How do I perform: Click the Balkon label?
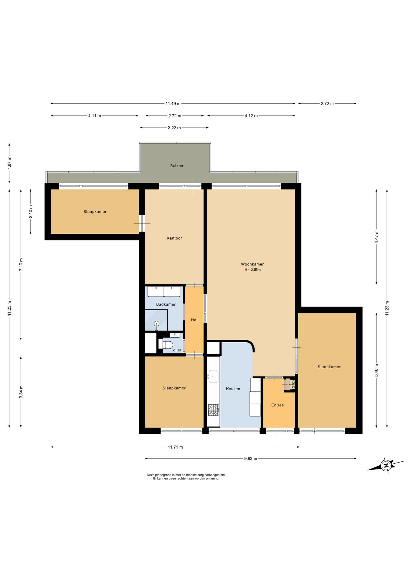coord(177,166)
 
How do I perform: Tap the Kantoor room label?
coord(174,238)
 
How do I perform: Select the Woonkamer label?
coord(252,264)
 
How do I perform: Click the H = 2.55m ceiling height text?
coord(253,270)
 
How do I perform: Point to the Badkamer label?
coord(166,304)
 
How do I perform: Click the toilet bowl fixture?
coord(166,344)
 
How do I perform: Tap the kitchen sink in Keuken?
coord(213,376)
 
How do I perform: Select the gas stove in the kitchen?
coord(214,410)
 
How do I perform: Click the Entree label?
coord(278,405)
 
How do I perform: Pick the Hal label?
coord(194,320)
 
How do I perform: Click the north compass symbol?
coord(386,465)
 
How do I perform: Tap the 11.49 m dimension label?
coord(173,104)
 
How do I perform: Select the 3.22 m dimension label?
coord(174,128)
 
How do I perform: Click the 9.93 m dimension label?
coord(251,459)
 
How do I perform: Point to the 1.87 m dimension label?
coord(9,163)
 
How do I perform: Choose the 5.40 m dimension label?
coord(377,370)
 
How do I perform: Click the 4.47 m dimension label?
coord(377,237)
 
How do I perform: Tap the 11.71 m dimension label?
coord(175,447)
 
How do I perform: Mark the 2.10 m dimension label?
coord(31,212)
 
